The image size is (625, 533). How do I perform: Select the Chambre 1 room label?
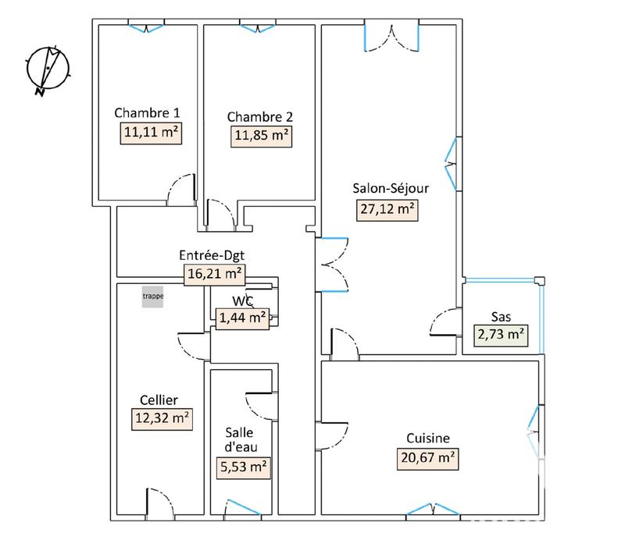[x=148, y=112]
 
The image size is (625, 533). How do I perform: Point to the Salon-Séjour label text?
[x=391, y=187]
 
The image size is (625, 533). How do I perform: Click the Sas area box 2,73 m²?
[x=502, y=336]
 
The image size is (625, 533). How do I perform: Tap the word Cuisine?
[x=427, y=439]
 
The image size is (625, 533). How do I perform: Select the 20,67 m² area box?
[x=427, y=459]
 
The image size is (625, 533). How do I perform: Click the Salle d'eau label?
[x=239, y=441]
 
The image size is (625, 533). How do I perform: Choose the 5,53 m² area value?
[x=242, y=468]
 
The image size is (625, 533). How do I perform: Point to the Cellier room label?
[x=155, y=400]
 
